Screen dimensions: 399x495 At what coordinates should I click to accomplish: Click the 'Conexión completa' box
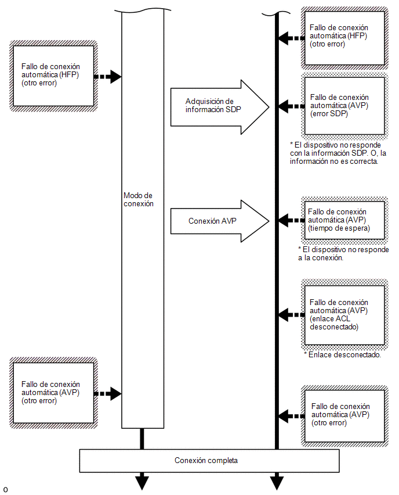[x=209, y=461]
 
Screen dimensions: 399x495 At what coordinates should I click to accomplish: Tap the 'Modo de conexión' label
[x=139, y=199]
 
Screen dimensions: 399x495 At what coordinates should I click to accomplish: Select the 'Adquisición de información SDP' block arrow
[x=220, y=107]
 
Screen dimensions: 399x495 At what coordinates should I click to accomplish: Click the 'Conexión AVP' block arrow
[x=220, y=221]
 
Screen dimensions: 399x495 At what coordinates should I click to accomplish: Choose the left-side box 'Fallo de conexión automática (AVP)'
[x=53, y=393]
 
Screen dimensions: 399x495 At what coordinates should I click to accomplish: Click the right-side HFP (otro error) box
[x=344, y=38]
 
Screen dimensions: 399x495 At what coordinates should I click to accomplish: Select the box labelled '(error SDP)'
[x=344, y=106]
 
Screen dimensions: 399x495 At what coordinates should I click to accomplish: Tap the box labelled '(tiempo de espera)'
[x=344, y=220]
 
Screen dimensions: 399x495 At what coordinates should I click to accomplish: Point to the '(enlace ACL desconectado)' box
[x=344, y=315]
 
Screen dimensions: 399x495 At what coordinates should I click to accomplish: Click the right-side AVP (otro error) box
[x=344, y=416]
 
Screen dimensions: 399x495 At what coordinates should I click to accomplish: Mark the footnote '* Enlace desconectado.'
[x=342, y=355]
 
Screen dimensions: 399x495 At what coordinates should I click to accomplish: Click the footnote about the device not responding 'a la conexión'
[x=343, y=253]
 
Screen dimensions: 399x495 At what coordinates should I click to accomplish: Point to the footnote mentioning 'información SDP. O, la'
[x=338, y=153]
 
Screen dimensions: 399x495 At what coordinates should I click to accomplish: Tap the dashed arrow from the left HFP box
[x=108, y=76]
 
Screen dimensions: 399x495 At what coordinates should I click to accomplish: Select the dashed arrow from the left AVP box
[x=108, y=393]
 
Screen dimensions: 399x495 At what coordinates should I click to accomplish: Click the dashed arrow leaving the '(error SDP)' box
[x=292, y=106]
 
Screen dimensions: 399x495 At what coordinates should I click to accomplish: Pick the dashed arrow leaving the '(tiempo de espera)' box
[x=292, y=220]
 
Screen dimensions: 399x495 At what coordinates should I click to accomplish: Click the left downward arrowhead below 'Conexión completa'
[x=142, y=481]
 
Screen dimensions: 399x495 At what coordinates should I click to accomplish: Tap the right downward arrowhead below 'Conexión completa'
[x=277, y=481]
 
